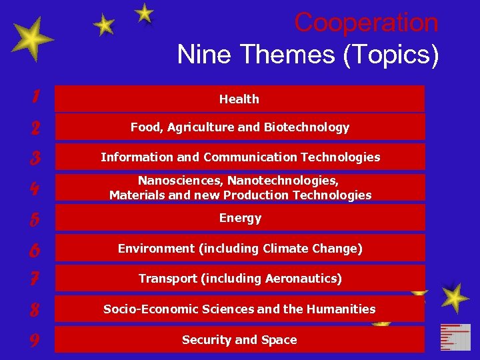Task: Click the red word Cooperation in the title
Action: (366, 23)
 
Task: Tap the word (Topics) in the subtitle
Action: (391, 55)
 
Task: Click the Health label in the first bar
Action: (239, 99)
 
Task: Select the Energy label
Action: (240, 219)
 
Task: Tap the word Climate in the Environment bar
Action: (286, 249)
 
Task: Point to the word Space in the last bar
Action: (279, 340)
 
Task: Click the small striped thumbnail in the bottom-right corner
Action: (455, 337)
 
